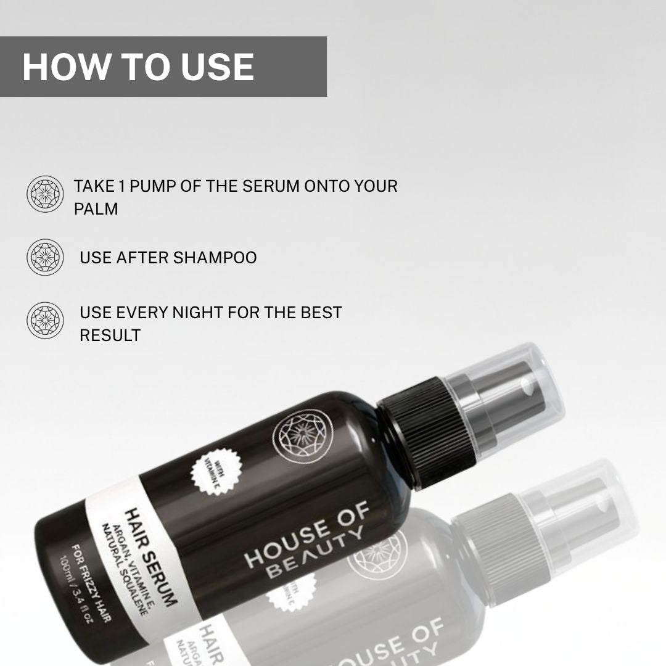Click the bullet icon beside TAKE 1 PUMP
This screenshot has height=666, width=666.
pyautogui.click(x=45, y=194)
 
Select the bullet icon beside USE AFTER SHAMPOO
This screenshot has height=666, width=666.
pyautogui.click(x=45, y=257)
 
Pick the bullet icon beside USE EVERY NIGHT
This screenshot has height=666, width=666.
pyautogui.click(x=45, y=320)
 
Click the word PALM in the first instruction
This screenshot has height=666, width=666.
pyautogui.click(x=96, y=209)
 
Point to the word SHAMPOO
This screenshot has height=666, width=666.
pyautogui.click(x=215, y=257)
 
